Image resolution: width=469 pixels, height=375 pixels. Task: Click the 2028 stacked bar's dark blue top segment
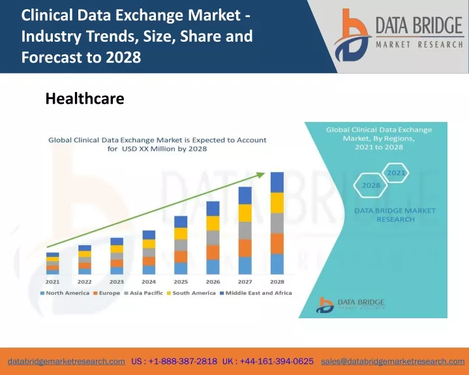pyautogui.click(x=277, y=183)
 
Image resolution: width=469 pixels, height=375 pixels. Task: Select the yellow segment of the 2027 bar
pyautogui.click(x=245, y=213)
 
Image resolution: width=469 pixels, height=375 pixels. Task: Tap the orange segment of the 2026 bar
pyautogui.click(x=213, y=252)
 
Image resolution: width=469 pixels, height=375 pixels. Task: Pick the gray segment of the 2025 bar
pyautogui.click(x=181, y=245)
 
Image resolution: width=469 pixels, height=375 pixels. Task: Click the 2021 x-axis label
pyautogui.click(x=52, y=282)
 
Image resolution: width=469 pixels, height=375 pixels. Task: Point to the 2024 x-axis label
pyautogui.click(x=149, y=282)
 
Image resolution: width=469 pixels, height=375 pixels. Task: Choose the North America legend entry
pyautogui.click(x=65, y=293)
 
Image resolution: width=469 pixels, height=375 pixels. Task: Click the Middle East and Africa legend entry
pyautogui.click(x=256, y=293)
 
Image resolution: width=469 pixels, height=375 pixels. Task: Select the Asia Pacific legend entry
pyautogui.click(x=144, y=293)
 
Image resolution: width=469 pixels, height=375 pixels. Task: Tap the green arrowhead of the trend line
pyautogui.click(x=261, y=175)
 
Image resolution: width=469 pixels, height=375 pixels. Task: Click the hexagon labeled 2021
pyautogui.click(x=396, y=173)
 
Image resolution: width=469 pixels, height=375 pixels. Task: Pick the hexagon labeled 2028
pyautogui.click(x=371, y=185)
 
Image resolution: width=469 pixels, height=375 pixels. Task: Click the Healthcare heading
pyautogui.click(x=85, y=98)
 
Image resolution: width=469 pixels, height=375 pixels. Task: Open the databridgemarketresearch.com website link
pyautogui.click(x=67, y=361)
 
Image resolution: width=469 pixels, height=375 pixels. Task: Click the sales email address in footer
pyautogui.click(x=393, y=361)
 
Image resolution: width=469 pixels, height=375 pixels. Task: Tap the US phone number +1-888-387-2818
pyautogui.click(x=174, y=361)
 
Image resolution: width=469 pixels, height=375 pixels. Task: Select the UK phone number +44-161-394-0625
pyautogui.click(x=268, y=361)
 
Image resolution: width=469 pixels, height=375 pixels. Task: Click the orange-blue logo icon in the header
pyautogui.click(x=352, y=35)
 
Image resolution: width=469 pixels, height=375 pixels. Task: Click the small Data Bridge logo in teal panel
pyautogui.click(x=350, y=305)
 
